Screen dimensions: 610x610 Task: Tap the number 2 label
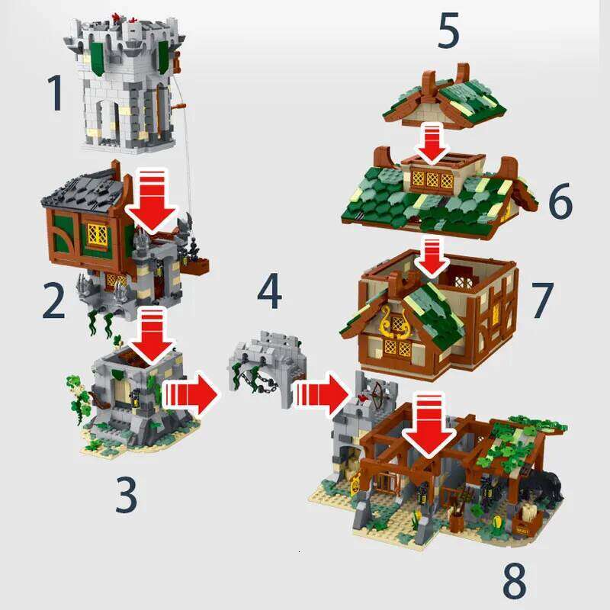[53, 301]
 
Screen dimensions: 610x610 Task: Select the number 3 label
[126, 494]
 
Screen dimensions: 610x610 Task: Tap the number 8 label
[515, 580]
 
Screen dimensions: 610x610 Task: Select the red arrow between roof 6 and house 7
[433, 258]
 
